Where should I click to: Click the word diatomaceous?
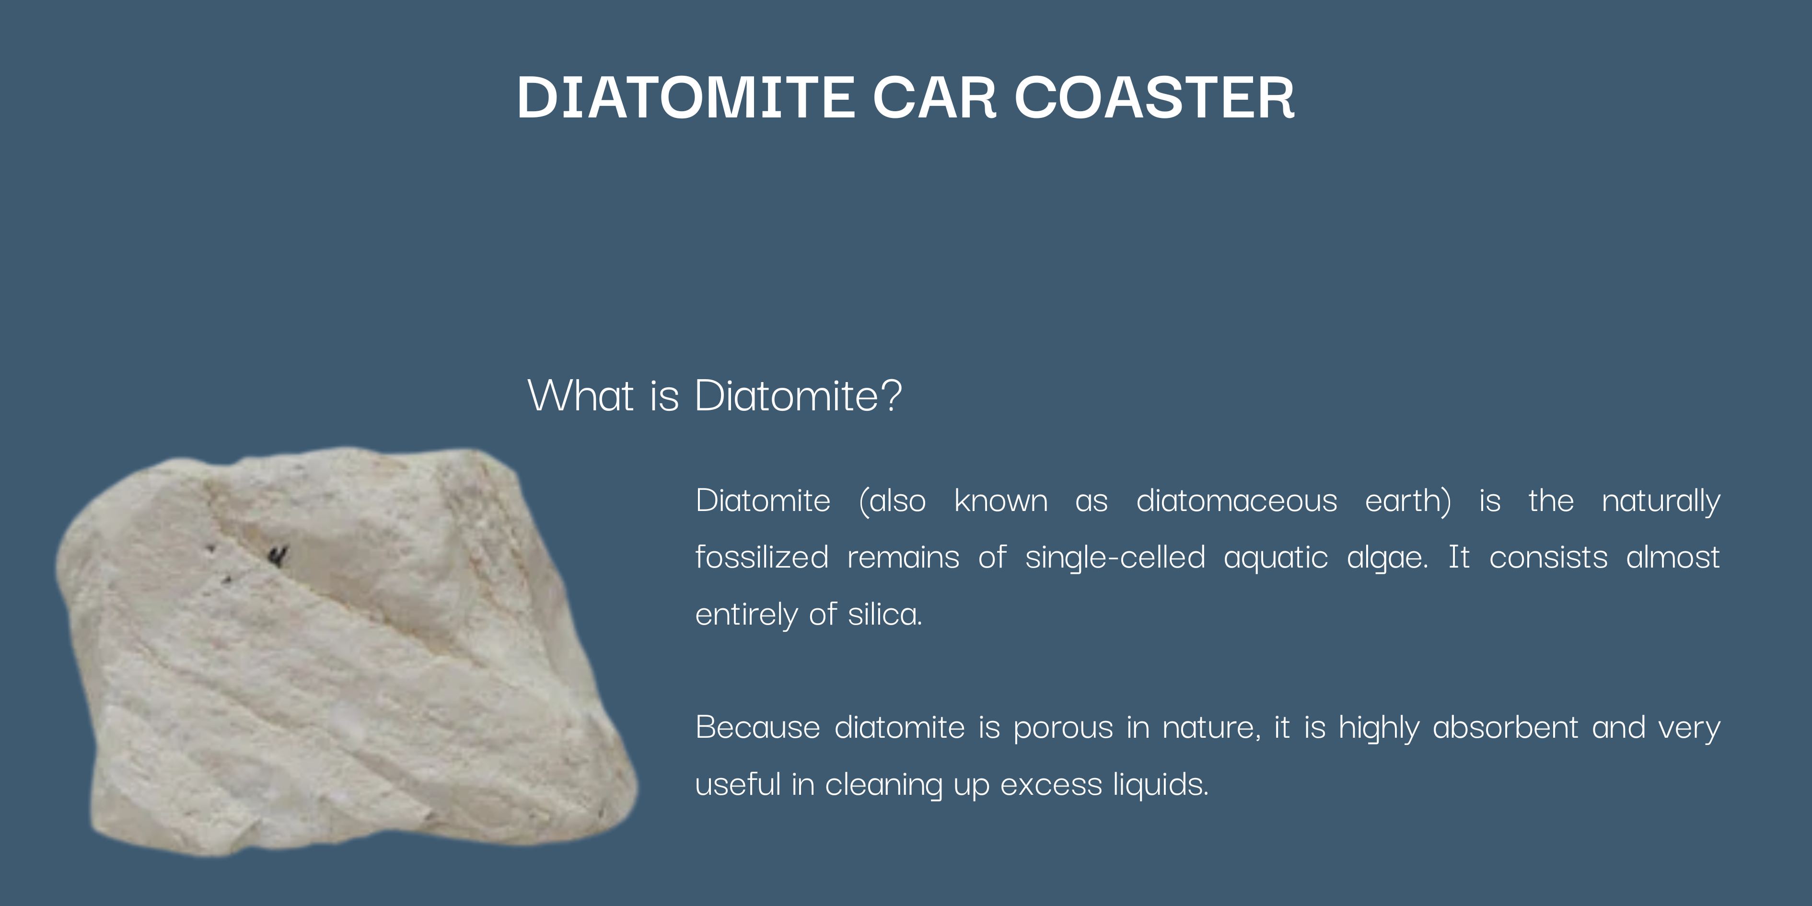[1237, 501]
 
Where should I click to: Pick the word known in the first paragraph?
[1001, 501]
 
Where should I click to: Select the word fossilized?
[762, 557]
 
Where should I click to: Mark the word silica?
[885, 614]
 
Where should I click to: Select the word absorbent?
[1505, 727]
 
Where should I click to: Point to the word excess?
[1051, 784]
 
